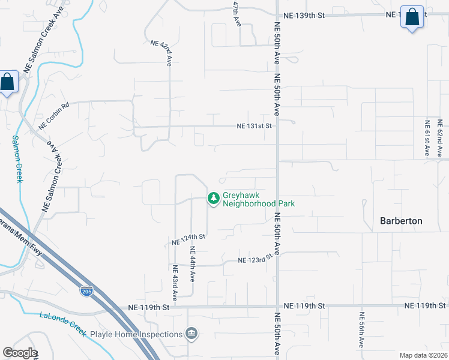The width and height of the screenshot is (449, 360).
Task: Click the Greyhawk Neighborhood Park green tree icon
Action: coord(213,198)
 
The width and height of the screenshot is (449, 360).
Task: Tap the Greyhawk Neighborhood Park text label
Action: coord(259,199)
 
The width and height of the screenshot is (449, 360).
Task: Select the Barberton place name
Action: coord(401,221)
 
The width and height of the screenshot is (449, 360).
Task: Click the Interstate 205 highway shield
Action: coord(86,292)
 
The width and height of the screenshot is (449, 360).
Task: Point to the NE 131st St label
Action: coord(255,126)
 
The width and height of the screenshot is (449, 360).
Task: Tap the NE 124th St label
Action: coord(188,239)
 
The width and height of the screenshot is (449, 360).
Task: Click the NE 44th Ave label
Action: coord(193,264)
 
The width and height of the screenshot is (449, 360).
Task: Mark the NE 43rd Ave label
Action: coord(175,283)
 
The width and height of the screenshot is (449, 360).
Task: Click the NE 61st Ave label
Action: coord(427,138)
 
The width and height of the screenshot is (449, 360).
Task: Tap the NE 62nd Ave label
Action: coord(440,138)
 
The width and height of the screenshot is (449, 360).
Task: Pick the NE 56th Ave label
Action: coord(361,330)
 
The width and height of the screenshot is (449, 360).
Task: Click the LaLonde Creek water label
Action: coord(63,325)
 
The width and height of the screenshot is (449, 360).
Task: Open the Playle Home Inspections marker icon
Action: coord(191,334)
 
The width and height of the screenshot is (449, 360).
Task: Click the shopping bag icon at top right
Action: coord(412,17)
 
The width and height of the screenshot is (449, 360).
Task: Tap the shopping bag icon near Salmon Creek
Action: coord(8,82)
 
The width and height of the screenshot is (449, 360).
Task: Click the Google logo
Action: coord(20,353)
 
